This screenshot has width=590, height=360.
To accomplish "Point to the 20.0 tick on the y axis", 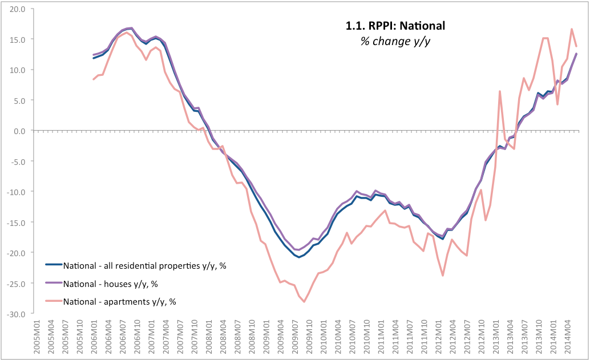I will (17, 9).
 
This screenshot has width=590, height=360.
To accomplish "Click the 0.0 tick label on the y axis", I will (19, 131).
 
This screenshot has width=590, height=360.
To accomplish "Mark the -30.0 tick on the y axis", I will (16, 314).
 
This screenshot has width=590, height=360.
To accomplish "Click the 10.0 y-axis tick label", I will (17, 70).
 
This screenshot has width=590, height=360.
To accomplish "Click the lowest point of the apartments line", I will (304, 301).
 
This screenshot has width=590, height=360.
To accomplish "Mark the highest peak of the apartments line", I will (571, 29).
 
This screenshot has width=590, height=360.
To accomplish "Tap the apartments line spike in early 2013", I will (500, 91).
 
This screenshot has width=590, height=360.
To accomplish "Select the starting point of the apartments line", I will (94, 79).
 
